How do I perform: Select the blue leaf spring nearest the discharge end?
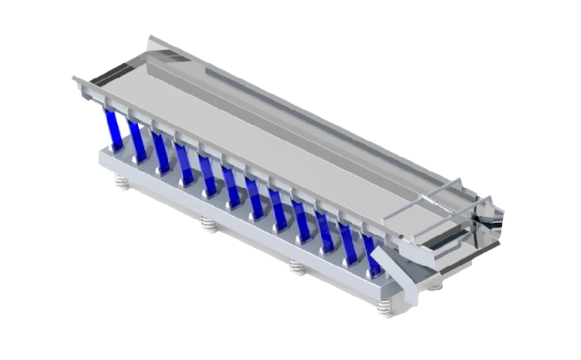click(372, 254)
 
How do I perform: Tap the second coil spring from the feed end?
click(210, 224)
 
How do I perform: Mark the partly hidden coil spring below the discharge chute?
click(435, 286)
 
